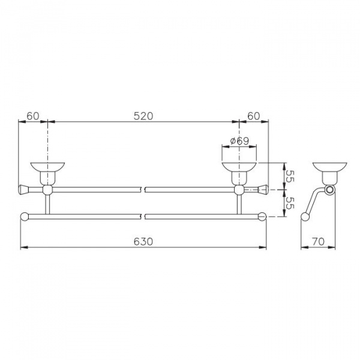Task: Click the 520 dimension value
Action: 143,116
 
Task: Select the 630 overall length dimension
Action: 143,242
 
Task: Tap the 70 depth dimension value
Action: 318,242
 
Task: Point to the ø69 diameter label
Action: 239,141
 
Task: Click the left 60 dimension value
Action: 33,116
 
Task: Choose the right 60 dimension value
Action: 254,116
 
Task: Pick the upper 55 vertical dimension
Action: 290,176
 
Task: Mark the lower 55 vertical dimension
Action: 290,203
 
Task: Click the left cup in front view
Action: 47,173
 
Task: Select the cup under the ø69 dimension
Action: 239,173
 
